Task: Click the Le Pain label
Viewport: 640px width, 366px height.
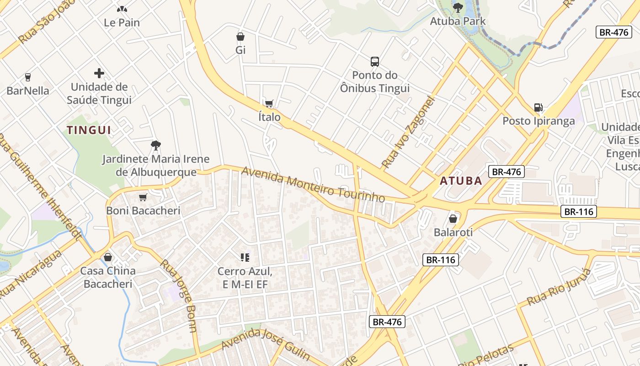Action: point(122,22)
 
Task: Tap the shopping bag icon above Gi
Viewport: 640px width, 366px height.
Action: point(240,37)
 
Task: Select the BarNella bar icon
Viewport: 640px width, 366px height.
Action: point(28,77)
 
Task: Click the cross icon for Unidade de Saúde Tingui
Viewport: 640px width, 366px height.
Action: point(99,73)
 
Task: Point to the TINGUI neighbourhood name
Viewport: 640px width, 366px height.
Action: point(89,130)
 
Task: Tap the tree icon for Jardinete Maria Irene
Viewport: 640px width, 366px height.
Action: point(156,145)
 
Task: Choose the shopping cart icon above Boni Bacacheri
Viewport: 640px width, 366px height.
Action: point(143,197)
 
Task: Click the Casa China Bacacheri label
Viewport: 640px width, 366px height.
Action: point(108,277)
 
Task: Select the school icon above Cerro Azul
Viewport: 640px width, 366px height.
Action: point(245,258)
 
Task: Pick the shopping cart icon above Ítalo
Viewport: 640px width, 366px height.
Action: point(269,103)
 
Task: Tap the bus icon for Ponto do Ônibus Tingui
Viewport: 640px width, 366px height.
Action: point(375,61)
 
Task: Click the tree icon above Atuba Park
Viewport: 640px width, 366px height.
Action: point(458,7)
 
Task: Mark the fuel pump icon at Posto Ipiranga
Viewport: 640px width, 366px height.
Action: point(539,108)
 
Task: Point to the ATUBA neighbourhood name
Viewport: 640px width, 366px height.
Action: point(461,181)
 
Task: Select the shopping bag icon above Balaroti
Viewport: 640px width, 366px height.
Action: point(453,219)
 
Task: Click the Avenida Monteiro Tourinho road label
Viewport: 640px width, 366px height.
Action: point(313,184)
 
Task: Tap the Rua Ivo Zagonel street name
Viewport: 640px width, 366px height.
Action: point(406,132)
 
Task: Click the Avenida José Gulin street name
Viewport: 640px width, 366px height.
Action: point(266,344)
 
